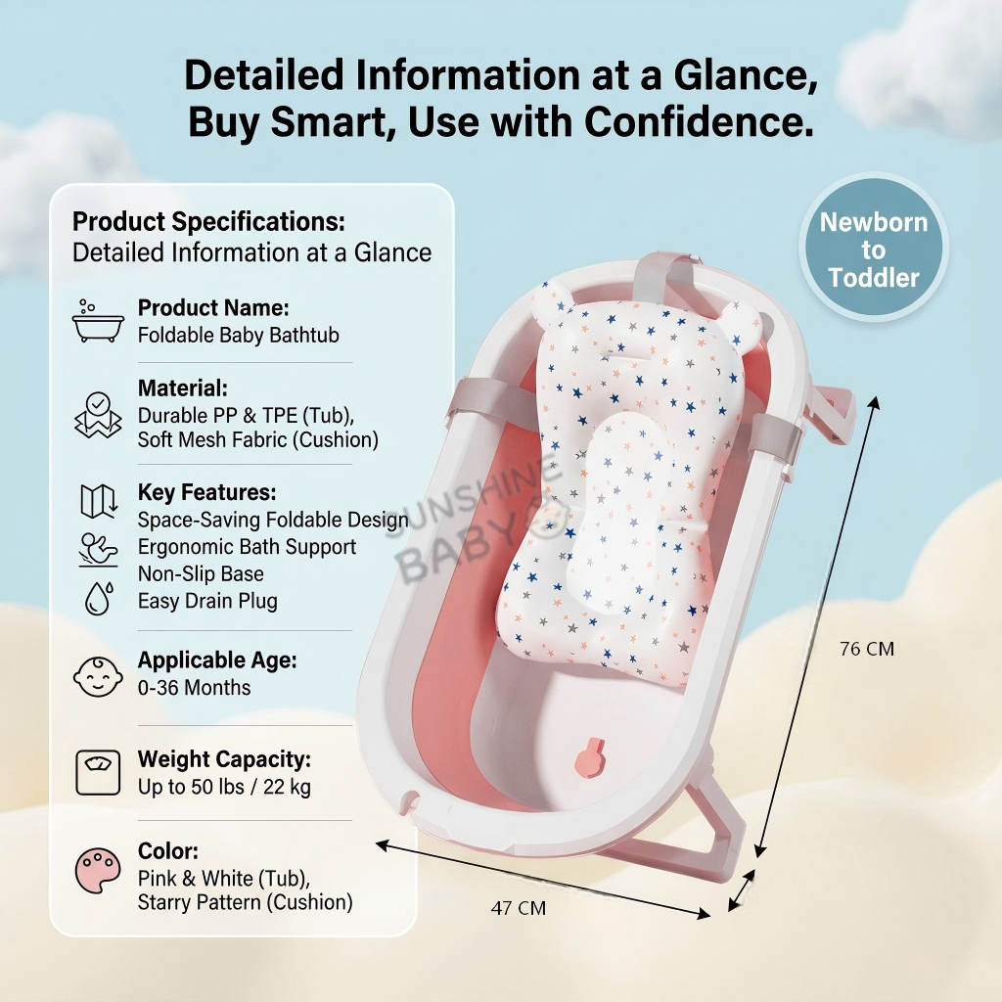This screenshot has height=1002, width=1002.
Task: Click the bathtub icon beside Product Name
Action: click(98, 322)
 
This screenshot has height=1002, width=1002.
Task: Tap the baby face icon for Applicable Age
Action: click(98, 675)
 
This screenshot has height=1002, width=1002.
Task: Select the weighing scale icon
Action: click(98, 773)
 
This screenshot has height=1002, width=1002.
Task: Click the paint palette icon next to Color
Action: click(98, 869)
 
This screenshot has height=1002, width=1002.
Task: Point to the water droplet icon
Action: click(98, 599)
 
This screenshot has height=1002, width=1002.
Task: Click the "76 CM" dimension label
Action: click(867, 649)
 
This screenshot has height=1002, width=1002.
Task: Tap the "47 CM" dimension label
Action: click(519, 909)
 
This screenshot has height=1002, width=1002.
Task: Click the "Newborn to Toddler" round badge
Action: click(874, 250)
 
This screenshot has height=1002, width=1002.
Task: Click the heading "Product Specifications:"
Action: click(208, 222)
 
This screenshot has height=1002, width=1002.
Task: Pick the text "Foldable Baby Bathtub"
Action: click(238, 335)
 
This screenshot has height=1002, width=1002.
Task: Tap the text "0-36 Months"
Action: click(194, 688)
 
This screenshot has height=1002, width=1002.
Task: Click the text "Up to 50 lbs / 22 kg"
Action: click(224, 787)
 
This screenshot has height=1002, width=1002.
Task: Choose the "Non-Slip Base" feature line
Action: click(201, 574)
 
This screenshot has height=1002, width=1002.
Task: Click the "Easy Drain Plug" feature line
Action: click(207, 601)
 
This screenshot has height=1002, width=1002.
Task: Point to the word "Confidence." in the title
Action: click(700, 122)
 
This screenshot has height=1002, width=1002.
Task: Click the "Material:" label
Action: click(183, 387)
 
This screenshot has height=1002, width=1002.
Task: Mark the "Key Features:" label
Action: click(206, 492)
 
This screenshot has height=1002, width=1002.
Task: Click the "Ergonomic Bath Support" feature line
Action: click(247, 547)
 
